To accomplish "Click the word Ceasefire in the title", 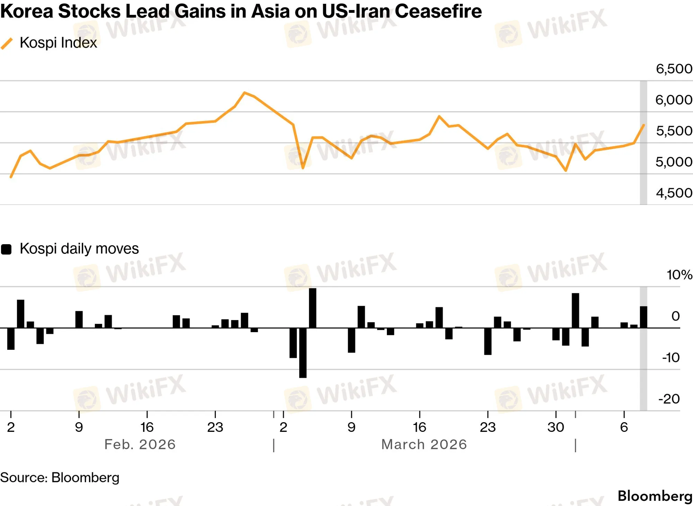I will tap(438, 11).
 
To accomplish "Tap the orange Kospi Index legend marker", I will tap(7, 44).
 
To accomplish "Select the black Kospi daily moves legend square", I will tap(6, 249).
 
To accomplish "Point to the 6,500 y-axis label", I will tap(674, 69).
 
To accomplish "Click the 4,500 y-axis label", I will tap(674, 193).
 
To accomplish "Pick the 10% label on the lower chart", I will tap(679, 275).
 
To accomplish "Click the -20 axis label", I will tap(669, 399).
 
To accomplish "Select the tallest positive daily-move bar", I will tap(312, 308).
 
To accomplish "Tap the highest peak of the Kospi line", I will tap(245, 92).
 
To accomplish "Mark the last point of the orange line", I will tap(643, 125).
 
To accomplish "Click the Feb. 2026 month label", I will tap(140, 444).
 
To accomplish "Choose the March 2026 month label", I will tap(424, 444).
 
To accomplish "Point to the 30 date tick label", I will tap(556, 427).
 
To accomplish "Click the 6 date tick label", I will tap(624, 427).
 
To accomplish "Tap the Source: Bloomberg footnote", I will tap(60, 478).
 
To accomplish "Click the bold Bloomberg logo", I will tap(655, 496).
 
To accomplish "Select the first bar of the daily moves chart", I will tap(11, 338).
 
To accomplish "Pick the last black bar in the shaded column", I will tap(643, 317).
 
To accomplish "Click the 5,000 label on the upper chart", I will tap(674, 162).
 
